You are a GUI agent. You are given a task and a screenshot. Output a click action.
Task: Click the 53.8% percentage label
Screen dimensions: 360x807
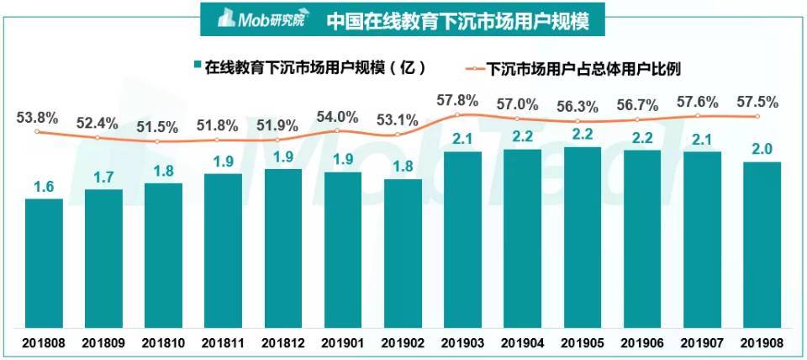[36, 118]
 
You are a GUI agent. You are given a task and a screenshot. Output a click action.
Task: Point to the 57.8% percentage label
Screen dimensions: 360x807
[457, 100]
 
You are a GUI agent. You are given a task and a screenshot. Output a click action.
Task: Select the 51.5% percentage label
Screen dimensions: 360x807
[156, 127]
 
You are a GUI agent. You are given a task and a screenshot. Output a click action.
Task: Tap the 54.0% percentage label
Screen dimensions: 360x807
[337, 116]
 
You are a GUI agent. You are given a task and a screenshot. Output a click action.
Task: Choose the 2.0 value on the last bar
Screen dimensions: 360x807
[756, 150]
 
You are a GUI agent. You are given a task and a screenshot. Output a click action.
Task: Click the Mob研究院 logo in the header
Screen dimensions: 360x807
[262, 19]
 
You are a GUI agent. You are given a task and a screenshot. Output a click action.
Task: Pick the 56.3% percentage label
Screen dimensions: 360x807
[577, 107]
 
